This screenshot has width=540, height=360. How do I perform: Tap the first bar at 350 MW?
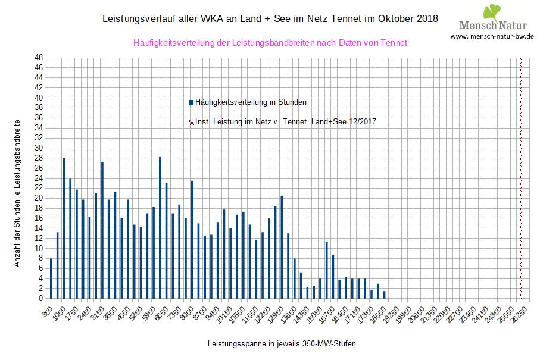[x=51, y=278]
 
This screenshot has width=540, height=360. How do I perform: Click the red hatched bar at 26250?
[x=522, y=178]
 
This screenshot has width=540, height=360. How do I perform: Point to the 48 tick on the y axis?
[x=38, y=58]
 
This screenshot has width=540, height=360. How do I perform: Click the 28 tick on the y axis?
[x=38, y=158]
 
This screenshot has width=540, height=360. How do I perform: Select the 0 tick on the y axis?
[x=38, y=298]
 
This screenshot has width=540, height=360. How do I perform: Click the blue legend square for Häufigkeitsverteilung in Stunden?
[x=191, y=102]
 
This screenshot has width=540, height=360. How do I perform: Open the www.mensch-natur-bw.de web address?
[x=492, y=36]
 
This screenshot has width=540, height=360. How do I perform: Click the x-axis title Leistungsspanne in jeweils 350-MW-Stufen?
[x=282, y=344]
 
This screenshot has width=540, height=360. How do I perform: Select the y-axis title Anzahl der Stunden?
[x=17, y=196]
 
